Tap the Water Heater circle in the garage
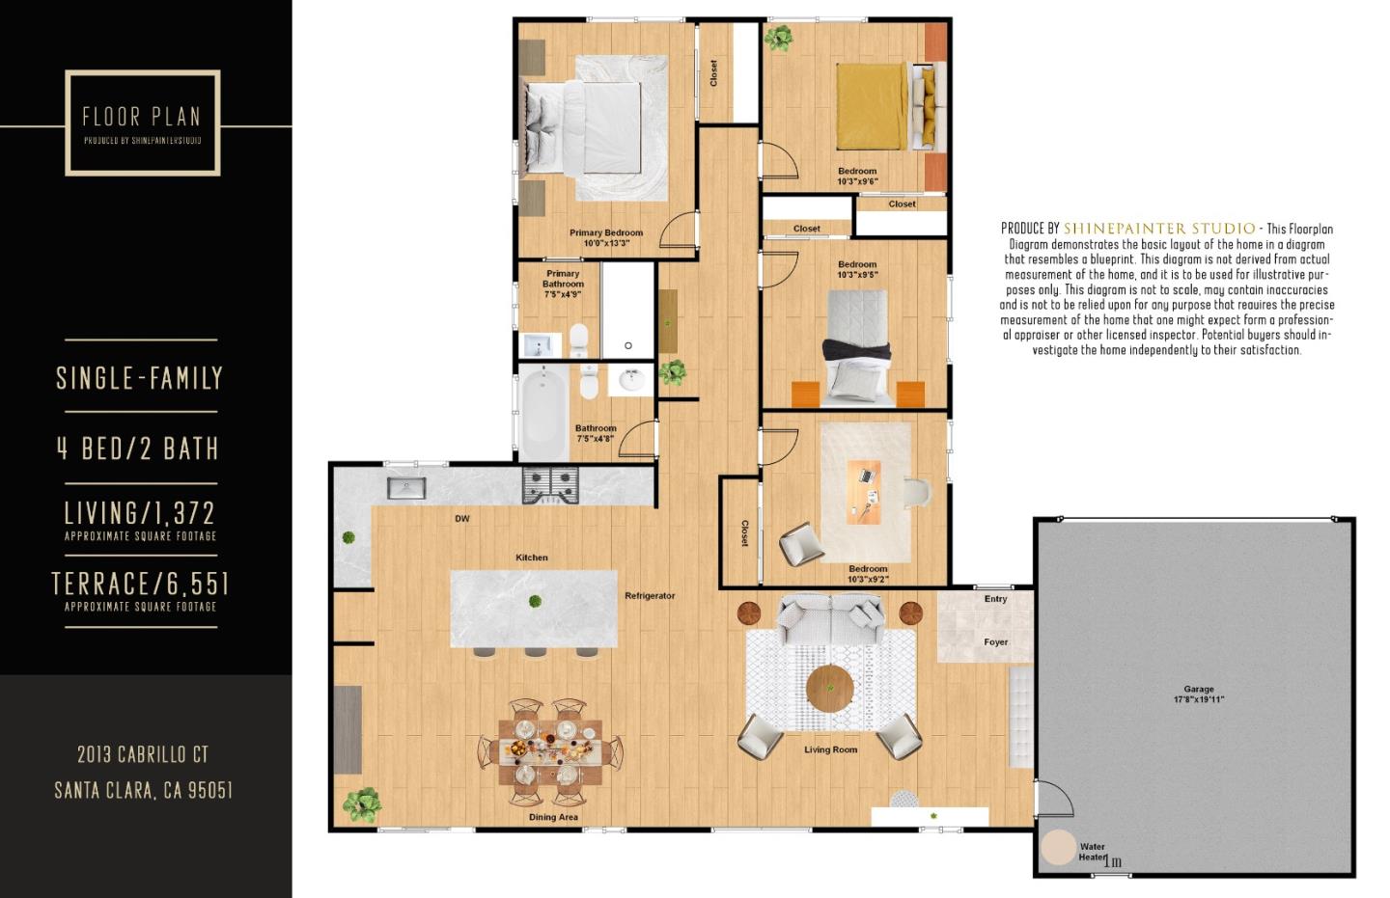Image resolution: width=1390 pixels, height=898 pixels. (x=1059, y=847)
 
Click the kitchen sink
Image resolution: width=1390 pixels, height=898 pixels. (x=406, y=488)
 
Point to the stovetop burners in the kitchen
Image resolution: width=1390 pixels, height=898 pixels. (x=550, y=485)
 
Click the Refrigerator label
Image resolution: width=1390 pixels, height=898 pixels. (x=650, y=596)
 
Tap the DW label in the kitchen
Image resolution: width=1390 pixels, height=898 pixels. (x=462, y=519)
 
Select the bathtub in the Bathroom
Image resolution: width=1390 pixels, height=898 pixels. (x=543, y=412)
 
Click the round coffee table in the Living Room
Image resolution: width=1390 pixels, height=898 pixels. (x=830, y=688)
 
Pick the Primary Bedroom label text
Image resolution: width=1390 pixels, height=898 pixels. (x=606, y=232)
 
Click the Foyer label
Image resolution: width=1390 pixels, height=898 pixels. (x=996, y=642)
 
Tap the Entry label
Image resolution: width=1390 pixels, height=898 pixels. (x=996, y=599)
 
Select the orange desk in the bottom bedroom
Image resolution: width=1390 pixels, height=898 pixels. (x=864, y=492)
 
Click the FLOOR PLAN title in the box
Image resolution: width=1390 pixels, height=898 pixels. (x=142, y=117)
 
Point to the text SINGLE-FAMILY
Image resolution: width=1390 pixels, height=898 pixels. (x=140, y=377)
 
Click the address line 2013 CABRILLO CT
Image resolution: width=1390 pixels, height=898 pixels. (x=143, y=754)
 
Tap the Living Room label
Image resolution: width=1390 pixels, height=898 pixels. (x=830, y=749)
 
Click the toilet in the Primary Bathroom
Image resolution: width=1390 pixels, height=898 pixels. (x=578, y=339)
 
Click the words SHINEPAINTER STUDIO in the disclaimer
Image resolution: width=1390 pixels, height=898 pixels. (x=1158, y=229)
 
